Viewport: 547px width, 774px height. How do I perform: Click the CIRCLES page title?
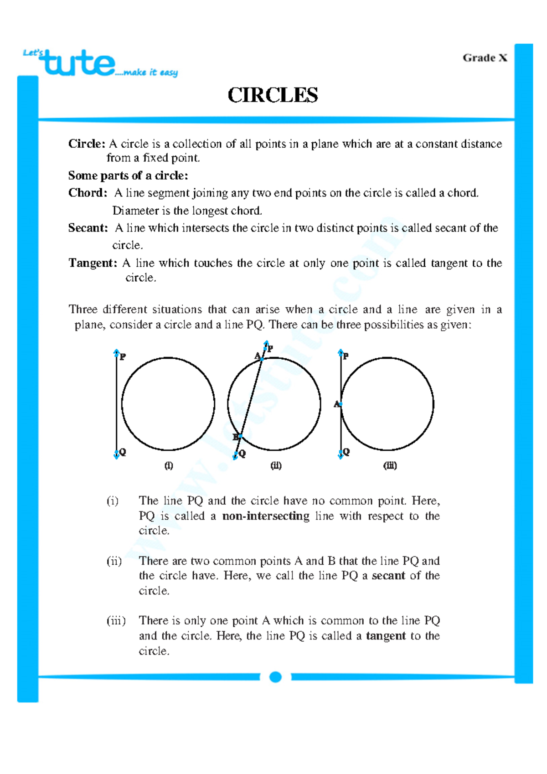[x=273, y=95]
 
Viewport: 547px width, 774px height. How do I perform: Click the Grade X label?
[x=485, y=58]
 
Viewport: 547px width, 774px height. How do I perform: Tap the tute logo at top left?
[x=80, y=64]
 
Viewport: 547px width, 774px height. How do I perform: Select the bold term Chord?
[x=88, y=193]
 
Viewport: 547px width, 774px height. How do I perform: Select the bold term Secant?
[x=88, y=228]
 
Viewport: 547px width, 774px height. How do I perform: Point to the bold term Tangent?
[x=93, y=263]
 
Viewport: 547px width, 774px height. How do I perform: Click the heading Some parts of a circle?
[x=128, y=175]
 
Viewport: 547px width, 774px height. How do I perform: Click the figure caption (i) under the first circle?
[x=169, y=465]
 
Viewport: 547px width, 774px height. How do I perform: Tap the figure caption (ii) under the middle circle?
[x=276, y=465]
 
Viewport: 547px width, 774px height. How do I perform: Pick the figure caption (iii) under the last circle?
[x=390, y=465]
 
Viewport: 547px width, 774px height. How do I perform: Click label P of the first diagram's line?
[x=123, y=357]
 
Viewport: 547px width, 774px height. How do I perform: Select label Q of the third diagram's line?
[x=346, y=452]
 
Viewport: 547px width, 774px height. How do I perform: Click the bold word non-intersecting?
[x=266, y=516]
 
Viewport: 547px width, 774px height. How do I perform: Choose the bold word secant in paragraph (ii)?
[x=388, y=576]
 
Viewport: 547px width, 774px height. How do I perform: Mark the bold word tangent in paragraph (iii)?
[x=386, y=636]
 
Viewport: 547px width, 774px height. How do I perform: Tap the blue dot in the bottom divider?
[x=275, y=677]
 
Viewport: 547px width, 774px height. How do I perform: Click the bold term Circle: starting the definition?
[x=87, y=144]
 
